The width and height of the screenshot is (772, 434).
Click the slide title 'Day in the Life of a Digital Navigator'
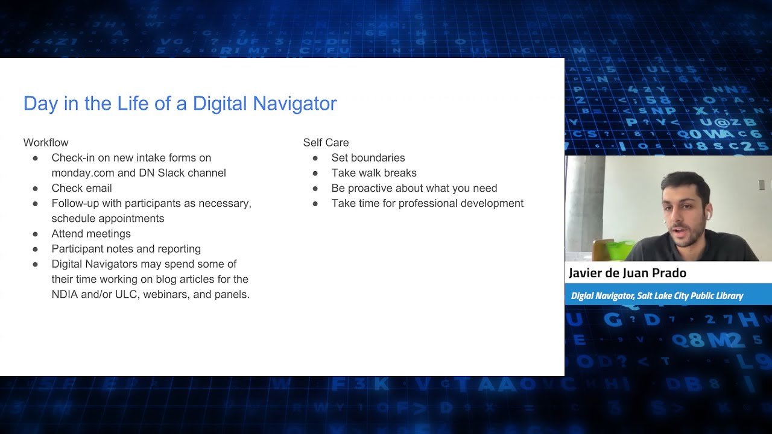tap(180, 104)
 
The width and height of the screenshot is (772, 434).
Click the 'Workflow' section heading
tap(46, 143)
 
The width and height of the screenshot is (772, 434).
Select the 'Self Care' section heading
tap(326, 143)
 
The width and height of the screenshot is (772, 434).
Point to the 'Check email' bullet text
tap(81, 188)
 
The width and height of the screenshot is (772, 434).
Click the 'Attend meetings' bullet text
tap(91, 234)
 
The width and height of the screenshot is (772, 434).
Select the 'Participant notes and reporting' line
tap(126, 249)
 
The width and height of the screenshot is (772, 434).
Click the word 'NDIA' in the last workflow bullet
tap(65, 295)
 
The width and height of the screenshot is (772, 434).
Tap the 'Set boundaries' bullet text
tap(368, 158)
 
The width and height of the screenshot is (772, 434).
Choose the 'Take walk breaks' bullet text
tap(374, 173)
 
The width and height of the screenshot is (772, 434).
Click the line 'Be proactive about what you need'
tap(414, 188)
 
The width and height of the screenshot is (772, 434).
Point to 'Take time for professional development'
tap(427, 204)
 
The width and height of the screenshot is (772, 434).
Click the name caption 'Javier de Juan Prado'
tap(627, 273)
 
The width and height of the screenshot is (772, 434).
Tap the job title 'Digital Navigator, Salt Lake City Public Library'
tap(657, 296)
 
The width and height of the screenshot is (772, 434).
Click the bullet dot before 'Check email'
tap(36, 189)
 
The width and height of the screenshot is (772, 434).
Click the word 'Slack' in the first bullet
tap(171, 173)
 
